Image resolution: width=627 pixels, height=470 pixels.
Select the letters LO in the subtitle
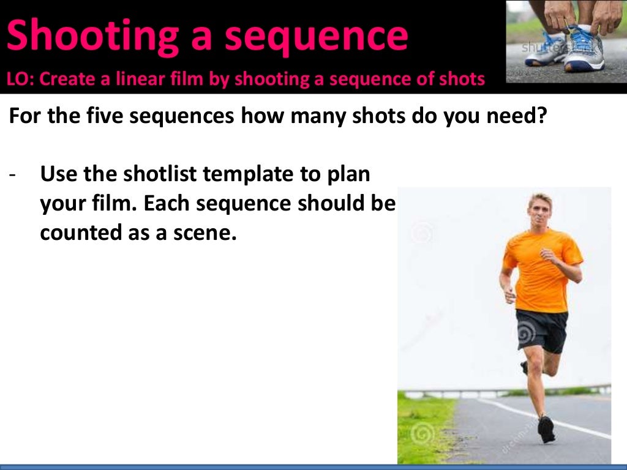point(17,79)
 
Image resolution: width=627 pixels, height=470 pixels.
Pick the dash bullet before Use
point(13,175)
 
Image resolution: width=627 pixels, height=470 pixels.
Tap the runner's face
point(537,211)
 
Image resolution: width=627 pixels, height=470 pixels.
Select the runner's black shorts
point(541,329)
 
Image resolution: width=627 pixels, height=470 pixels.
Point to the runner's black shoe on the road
point(546,429)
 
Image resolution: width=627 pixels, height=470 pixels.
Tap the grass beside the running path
point(422,428)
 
